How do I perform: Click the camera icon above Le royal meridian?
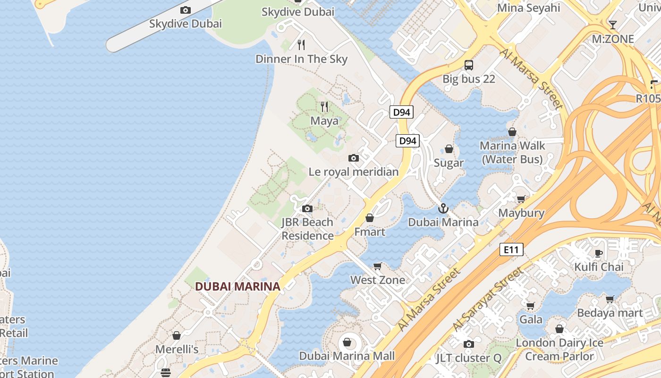[354, 158]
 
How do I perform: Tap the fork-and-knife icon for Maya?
[324, 107]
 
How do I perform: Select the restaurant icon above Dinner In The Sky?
[301, 45]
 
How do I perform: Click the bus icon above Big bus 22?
[469, 65]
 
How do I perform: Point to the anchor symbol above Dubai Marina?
[443, 208]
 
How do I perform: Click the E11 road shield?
[511, 249]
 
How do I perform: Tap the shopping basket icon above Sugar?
[449, 149]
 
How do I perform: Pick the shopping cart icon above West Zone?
[378, 266]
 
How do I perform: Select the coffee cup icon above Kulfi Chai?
[599, 253]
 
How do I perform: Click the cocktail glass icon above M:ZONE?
[613, 25]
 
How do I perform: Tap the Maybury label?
[521, 213]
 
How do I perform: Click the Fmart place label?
[370, 232]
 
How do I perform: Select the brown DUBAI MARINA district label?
[237, 286]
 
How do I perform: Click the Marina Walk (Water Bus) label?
[512, 153]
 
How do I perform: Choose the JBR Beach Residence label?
[307, 229]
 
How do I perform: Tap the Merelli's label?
[177, 349]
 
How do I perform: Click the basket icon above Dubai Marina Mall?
[347, 342]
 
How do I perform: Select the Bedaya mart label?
[610, 313]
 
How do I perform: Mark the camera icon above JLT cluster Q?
[468, 344]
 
